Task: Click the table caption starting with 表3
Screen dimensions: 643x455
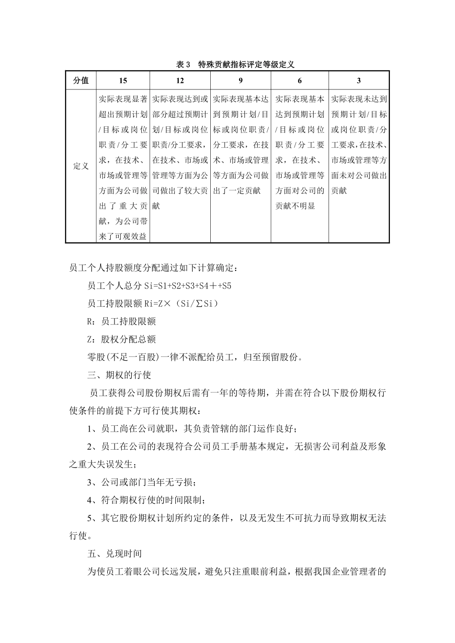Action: (235, 65)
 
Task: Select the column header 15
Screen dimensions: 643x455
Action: (123, 80)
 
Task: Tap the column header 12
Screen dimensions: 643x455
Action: (180, 80)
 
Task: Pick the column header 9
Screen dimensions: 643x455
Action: (240, 80)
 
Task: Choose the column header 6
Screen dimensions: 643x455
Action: (300, 80)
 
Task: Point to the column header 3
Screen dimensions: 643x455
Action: (359, 80)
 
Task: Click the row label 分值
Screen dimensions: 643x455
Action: (81, 80)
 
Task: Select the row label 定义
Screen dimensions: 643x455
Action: (81, 166)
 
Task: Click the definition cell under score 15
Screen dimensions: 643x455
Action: (123, 167)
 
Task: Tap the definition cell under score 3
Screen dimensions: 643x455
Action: (359, 144)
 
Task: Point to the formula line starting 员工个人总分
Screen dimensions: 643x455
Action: (159, 286)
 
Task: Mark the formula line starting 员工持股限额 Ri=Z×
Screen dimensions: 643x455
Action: (153, 304)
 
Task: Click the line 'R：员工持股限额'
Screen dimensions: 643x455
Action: (122, 321)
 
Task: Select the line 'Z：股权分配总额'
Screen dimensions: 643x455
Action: (122, 339)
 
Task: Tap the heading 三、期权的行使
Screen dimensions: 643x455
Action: (120, 375)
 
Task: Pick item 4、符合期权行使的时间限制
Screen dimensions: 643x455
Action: (147, 500)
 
